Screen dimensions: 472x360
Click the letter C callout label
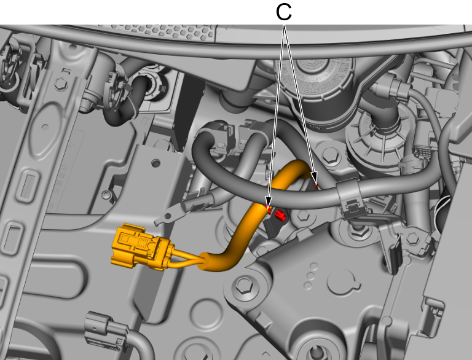tap(283, 12)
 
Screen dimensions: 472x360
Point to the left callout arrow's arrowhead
tap(269, 202)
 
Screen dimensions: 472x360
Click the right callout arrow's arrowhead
tap(314, 178)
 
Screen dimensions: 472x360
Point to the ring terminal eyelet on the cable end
tap(167, 216)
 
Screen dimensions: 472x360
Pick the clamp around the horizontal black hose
tap(351, 195)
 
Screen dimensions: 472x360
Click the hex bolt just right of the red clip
tap(303, 216)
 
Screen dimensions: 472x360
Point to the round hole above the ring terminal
tap(156, 163)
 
